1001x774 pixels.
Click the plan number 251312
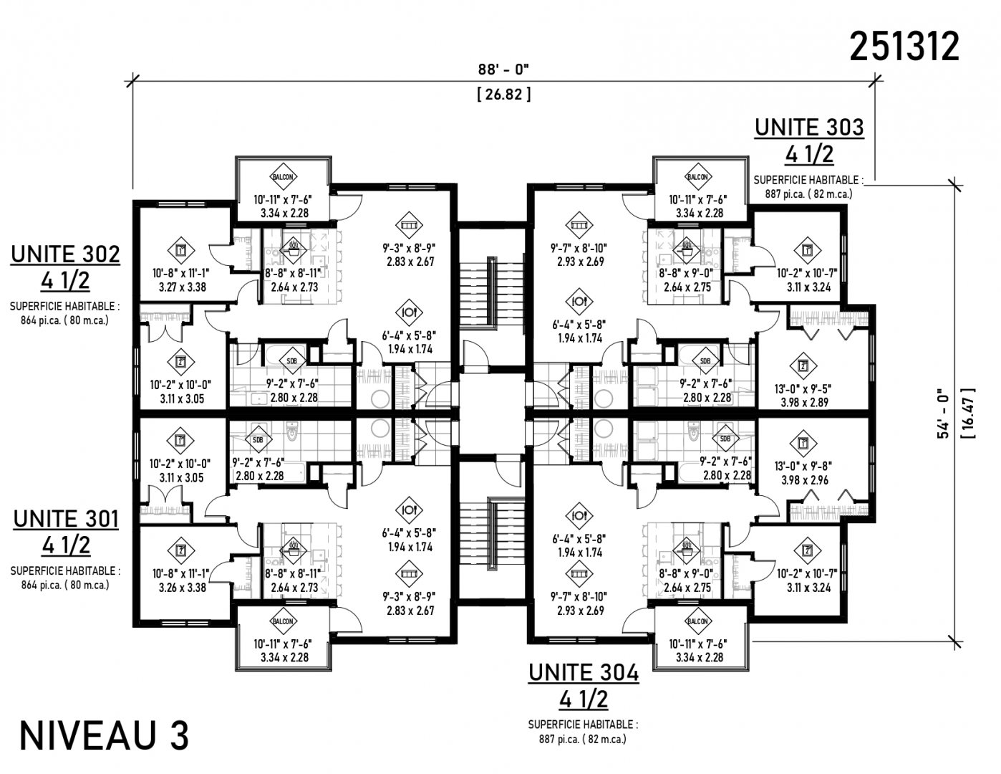(x=904, y=47)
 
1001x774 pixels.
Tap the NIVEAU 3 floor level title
(x=104, y=736)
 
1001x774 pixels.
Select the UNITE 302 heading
(x=65, y=254)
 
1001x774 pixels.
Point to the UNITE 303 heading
(x=809, y=128)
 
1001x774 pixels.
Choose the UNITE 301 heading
(x=66, y=519)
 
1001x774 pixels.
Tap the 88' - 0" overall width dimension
(x=503, y=70)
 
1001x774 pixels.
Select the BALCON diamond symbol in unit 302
(x=283, y=176)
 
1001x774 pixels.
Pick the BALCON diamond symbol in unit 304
(x=697, y=621)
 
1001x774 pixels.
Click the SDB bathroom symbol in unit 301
(x=258, y=440)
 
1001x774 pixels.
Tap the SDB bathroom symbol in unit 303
(x=705, y=361)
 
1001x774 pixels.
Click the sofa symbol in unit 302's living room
(x=409, y=225)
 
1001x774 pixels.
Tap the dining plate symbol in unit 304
(x=579, y=516)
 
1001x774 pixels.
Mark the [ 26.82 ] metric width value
(x=504, y=95)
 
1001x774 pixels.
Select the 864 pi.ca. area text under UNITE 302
(x=64, y=320)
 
